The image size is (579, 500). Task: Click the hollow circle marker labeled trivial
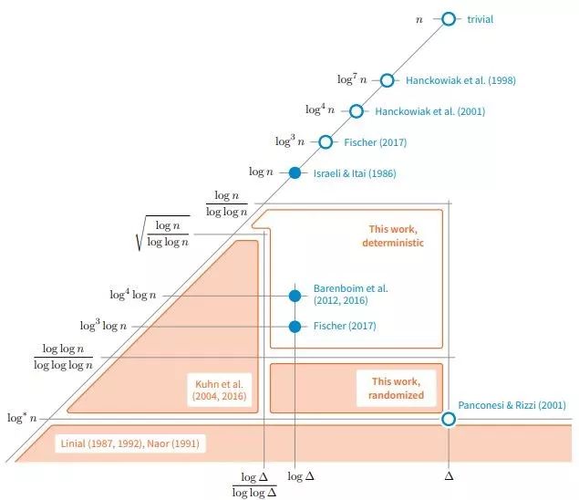pos(448,19)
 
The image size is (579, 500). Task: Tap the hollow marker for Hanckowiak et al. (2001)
pos(357,111)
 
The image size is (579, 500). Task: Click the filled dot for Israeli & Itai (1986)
pos(295,172)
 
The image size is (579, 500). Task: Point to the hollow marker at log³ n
pos(326,141)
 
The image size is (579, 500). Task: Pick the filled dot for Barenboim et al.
pos(295,296)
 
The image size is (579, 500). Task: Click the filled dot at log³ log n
pos(295,326)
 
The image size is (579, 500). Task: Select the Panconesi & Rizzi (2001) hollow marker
pos(448,419)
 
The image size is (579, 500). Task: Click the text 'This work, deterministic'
pos(390,236)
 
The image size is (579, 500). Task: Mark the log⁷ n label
pos(352,80)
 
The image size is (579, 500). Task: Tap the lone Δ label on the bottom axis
pos(449,476)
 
